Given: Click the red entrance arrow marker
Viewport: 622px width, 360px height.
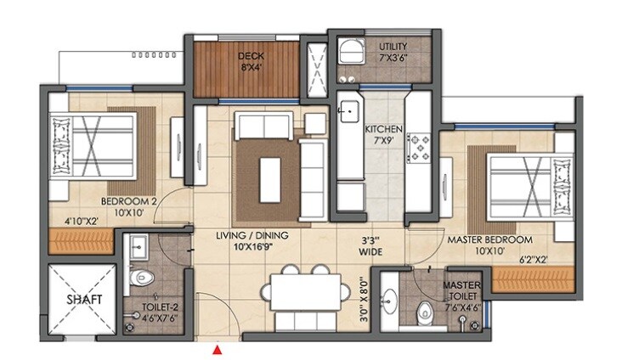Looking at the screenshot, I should coord(218,348).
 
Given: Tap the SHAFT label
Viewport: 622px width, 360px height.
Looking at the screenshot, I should coord(84,300).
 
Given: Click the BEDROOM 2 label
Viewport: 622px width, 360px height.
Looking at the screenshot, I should coord(129,207).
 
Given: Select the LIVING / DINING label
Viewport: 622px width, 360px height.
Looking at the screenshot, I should coord(251,240).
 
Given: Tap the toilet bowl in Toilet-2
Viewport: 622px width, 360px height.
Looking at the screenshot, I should coord(143,277).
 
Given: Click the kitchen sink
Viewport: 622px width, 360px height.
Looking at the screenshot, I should coord(348,110).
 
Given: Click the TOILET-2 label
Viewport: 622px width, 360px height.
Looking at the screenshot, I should coord(160,306).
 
